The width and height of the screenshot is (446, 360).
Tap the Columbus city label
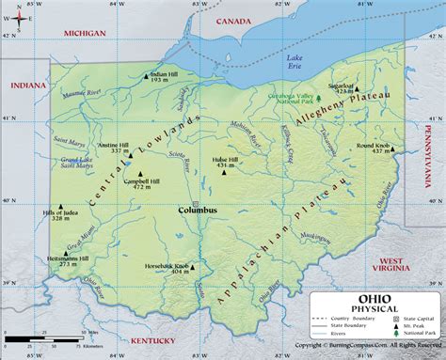(198, 211)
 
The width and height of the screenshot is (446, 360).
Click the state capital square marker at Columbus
(195, 202)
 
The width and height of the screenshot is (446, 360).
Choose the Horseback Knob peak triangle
(194, 267)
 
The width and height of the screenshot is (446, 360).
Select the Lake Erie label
(295, 63)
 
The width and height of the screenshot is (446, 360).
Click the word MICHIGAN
(85, 32)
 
